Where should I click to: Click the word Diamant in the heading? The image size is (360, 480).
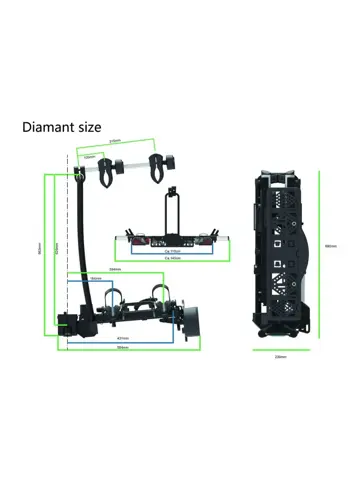(55, 128)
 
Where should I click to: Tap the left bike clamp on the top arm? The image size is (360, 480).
(106, 167)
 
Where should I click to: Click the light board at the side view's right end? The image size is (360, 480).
(194, 320)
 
